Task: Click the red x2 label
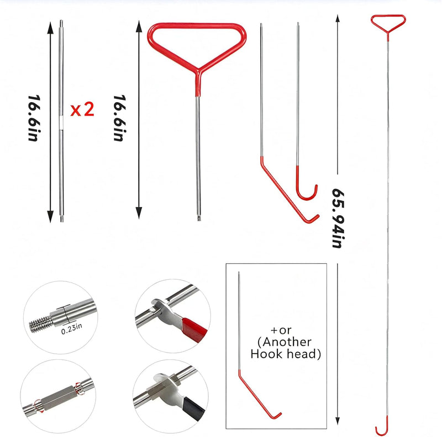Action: coord(82,109)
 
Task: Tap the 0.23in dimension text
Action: coord(72,329)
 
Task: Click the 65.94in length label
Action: coord(338,218)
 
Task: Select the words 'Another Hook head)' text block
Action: coord(286,348)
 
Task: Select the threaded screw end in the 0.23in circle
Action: coord(41,323)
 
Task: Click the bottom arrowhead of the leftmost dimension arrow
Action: coord(50,216)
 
